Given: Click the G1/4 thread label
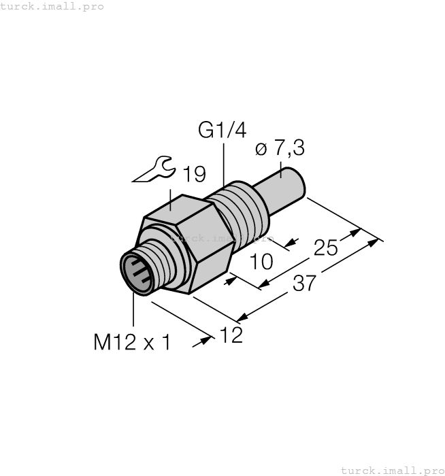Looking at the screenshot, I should click(x=222, y=129).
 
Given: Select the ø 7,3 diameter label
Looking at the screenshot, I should click(x=280, y=148).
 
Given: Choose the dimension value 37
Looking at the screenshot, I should click(x=303, y=282).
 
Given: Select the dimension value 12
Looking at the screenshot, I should click(x=231, y=335).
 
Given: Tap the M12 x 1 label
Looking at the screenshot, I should click(x=132, y=342).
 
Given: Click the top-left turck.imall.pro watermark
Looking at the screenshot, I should click(x=52, y=6).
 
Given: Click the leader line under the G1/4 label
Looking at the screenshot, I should click(x=223, y=163).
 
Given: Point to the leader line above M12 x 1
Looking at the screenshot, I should click(x=134, y=313).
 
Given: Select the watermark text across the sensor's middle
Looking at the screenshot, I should click(x=222, y=239).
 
